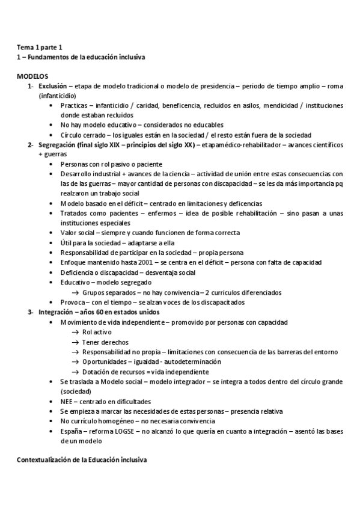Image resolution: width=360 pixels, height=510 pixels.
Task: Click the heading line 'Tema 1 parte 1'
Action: pos(38,47)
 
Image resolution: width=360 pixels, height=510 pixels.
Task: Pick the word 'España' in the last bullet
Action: pos(70,431)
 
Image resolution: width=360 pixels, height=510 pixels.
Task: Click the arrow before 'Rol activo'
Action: pos(75,333)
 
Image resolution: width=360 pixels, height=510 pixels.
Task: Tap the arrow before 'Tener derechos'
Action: pos(75,342)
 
